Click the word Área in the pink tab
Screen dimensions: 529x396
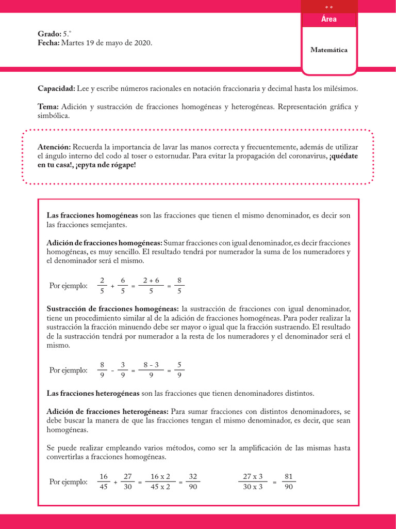[329, 19]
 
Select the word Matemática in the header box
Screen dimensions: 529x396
[329, 50]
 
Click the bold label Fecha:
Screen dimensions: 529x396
[48, 43]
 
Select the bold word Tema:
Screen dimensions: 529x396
[48, 107]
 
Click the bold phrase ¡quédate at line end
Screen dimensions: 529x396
[344, 155]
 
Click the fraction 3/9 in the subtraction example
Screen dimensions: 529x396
[123, 370]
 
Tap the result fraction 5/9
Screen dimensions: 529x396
[179, 370]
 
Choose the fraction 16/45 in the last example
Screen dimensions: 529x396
[103, 481]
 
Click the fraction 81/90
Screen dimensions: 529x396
[289, 481]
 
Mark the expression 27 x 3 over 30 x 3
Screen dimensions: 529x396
[253, 481]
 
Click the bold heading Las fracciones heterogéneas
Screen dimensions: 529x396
[93, 393]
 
